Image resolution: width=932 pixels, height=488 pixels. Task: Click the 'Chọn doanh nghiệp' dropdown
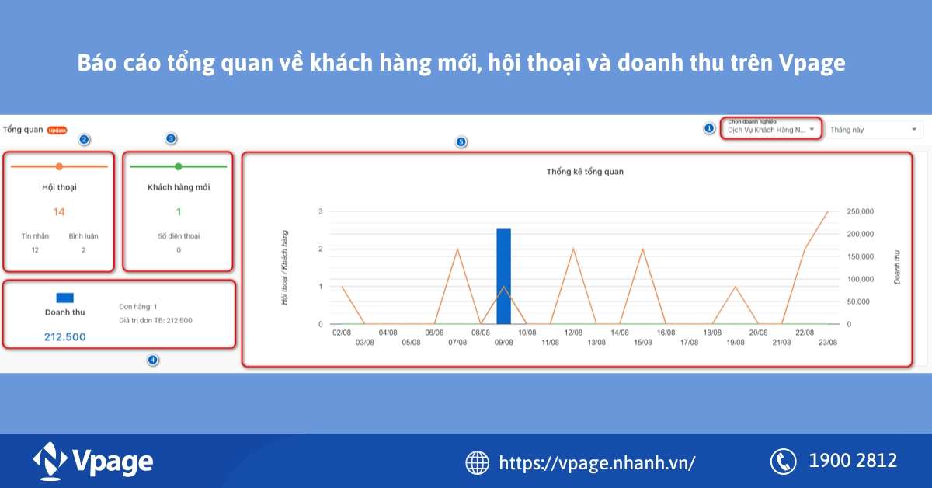tap(770, 129)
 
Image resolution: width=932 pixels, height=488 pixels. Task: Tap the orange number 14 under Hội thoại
tap(59, 211)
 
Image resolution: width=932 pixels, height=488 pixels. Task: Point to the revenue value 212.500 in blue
tap(64, 336)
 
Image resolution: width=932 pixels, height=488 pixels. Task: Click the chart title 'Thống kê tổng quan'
tap(585, 172)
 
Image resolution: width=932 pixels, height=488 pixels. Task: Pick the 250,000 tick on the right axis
tap(860, 211)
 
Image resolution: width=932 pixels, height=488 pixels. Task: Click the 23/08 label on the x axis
tap(827, 342)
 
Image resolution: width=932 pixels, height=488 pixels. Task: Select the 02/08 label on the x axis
tap(343, 333)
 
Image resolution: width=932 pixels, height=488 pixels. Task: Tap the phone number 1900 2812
tap(853, 461)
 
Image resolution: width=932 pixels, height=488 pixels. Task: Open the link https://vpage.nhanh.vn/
tap(596, 463)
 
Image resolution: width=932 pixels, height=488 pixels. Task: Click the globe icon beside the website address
tap(477, 462)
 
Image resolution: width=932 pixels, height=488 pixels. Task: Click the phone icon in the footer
tap(783, 462)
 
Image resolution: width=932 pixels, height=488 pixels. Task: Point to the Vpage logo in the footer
tap(93, 461)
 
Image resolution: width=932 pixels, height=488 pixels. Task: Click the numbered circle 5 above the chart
tap(461, 142)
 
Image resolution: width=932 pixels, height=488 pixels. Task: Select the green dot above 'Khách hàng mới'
tap(178, 166)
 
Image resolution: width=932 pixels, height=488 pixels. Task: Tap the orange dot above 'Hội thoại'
tap(59, 166)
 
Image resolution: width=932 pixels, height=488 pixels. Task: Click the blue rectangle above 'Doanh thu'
tap(64, 297)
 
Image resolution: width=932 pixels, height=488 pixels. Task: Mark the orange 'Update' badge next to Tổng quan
tap(57, 130)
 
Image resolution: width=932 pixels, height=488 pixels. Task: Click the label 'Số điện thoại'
tap(178, 235)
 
